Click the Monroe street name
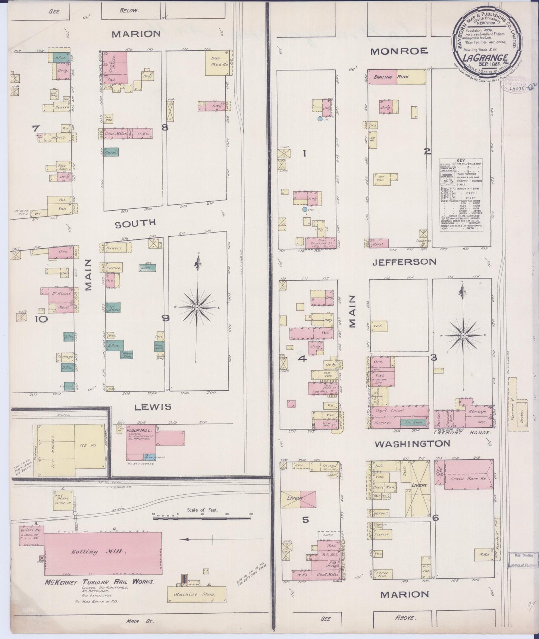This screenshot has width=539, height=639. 399,51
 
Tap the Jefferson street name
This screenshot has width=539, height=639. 404,262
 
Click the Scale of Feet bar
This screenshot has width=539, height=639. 201,518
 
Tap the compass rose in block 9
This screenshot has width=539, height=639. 197,307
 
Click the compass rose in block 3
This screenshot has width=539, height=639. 463,335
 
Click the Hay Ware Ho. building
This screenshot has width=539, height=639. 217,61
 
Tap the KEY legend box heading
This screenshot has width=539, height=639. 461,161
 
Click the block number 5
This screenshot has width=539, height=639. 305,520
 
